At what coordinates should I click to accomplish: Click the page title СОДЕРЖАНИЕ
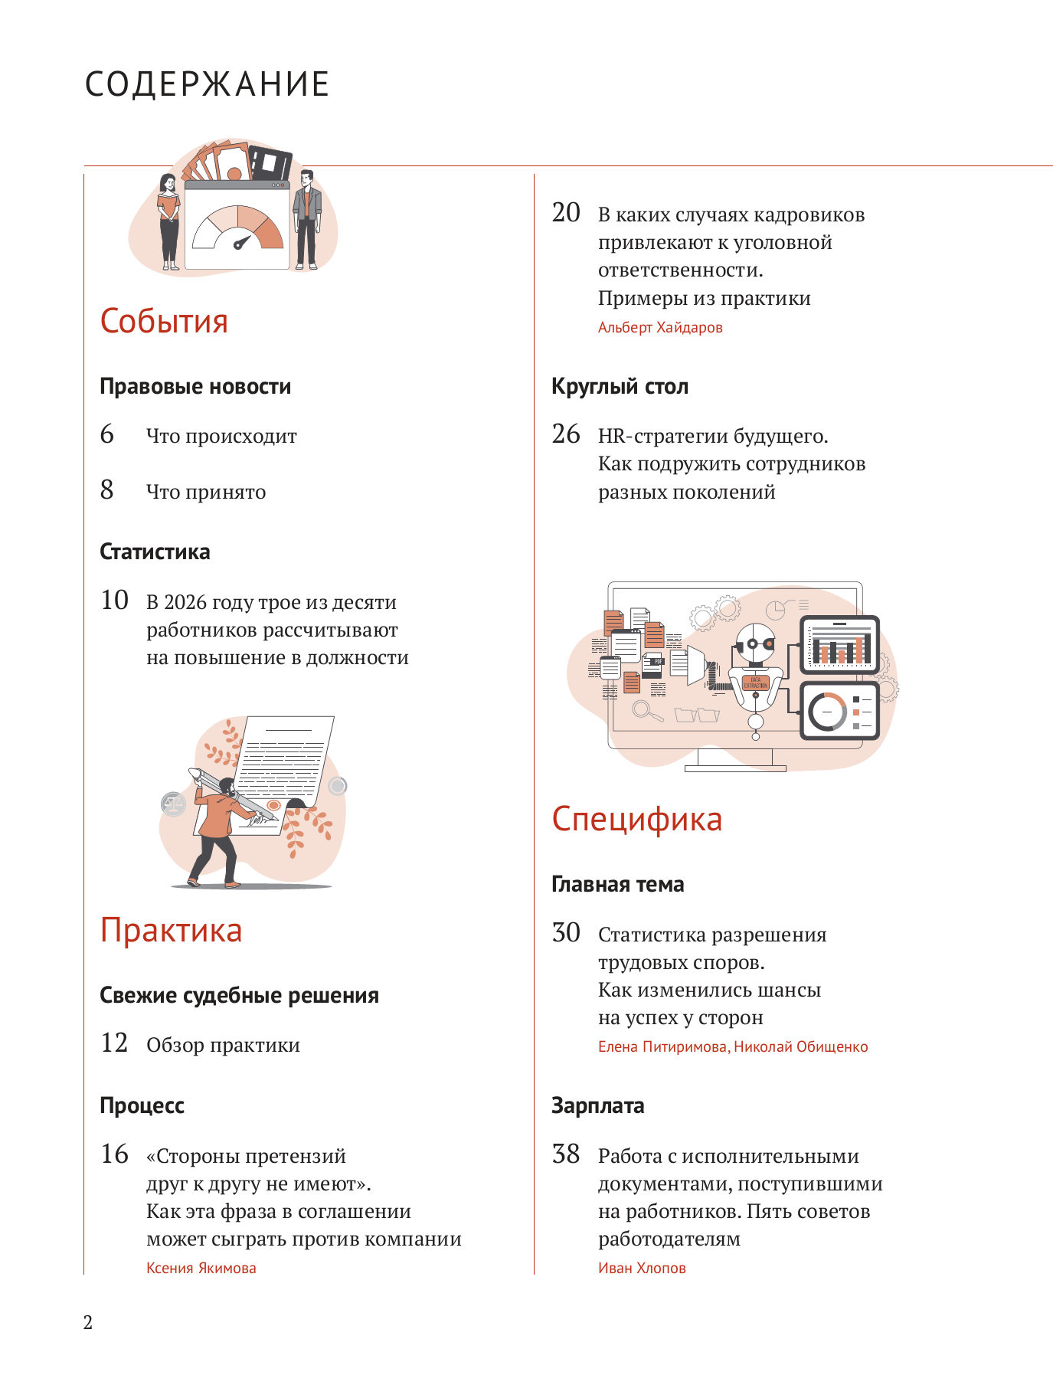tap(207, 84)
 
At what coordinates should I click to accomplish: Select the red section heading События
tap(164, 321)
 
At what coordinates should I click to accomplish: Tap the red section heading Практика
tap(171, 930)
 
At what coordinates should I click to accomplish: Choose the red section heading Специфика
tap(636, 819)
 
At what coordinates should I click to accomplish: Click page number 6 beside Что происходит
tap(107, 434)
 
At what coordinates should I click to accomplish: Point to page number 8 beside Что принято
tap(107, 490)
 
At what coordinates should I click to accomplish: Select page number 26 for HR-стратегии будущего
tap(566, 434)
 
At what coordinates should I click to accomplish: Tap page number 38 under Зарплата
tap(566, 1154)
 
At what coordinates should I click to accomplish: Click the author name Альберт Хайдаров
tap(660, 328)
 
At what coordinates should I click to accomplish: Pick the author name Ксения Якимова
tap(201, 1269)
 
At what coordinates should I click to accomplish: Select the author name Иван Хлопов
tap(642, 1269)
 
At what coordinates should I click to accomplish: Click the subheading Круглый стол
tap(620, 387)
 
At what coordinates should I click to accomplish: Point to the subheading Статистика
tap(155, 552)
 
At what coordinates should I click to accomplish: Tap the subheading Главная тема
tap(617, 885)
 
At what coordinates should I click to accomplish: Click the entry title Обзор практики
tap(223, 1046)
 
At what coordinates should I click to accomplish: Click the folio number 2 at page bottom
tap(88, 1323)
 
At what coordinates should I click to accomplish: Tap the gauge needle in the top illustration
tap(242, 244)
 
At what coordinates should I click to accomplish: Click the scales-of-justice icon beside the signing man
tap(174, 804)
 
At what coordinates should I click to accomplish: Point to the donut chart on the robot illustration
tap(827, 712)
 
